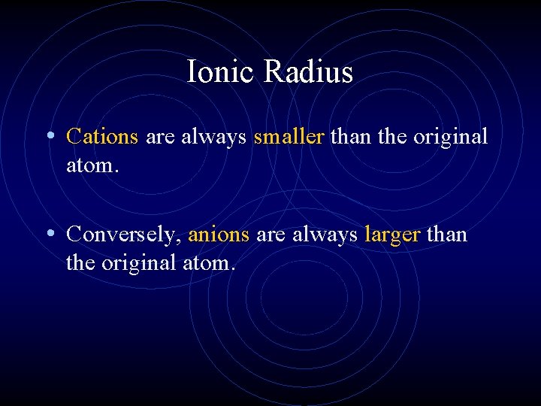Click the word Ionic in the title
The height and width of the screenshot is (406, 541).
click(x=222, y=72)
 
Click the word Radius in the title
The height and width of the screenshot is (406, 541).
click(x=309, y=72)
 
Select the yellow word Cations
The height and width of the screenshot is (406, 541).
click(x=102, y=136)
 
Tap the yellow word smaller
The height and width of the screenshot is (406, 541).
click(x=289, y=136)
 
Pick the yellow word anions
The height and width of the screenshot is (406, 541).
click(x=219, y=235)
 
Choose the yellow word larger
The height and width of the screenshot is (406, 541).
click(x=391, y=235)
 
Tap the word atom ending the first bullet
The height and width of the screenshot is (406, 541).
click(x=89, y=165)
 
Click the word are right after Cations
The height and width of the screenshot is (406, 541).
click(x=159, y=137)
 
